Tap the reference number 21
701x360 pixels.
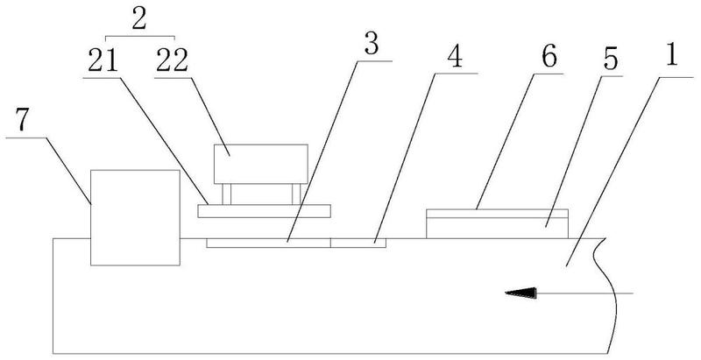[x=103, y=60]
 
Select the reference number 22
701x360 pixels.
[x=172, y=60]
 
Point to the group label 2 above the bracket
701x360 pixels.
[x=139, y=19]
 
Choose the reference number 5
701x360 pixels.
[x=610, y=59]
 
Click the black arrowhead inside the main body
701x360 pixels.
[x=520, y=293]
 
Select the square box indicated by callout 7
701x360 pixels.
[x=136, y=217]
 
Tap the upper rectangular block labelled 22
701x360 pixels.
[x=260, y=164]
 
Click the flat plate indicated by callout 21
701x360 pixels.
[x=265, y=211]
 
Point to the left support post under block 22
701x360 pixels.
[x=226, y=194]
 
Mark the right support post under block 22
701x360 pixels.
[x=296, y=194]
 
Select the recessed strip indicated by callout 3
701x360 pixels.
[x=268, y=243]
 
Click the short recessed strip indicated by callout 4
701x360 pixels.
[x=358, y=243]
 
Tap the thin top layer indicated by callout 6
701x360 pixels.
[x=497, y=214]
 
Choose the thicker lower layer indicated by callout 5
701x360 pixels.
[x=497, y=229]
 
